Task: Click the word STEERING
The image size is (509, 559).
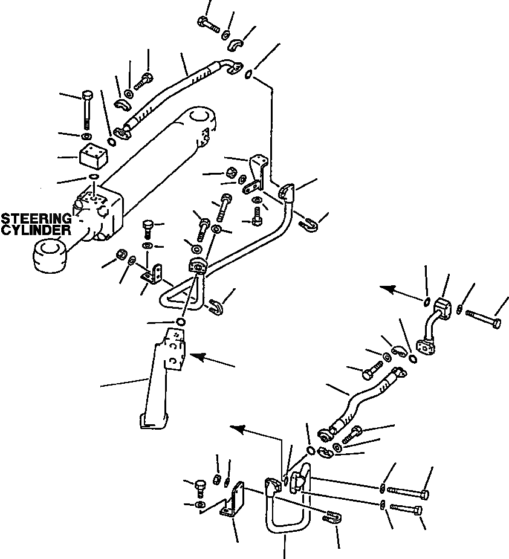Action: click(x=35, y=218)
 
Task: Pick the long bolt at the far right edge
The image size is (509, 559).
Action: click(x=484, y=318)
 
